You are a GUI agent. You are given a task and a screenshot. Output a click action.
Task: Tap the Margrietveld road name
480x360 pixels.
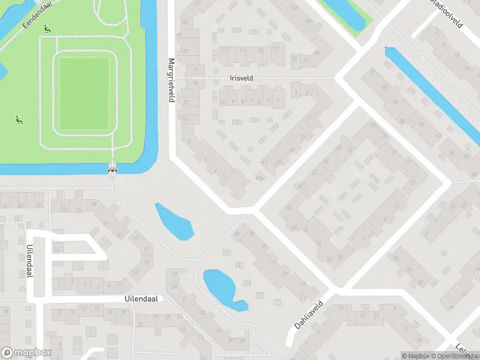click(171, 80)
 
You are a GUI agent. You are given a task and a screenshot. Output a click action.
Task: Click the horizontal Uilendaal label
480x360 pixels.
click(141, 298)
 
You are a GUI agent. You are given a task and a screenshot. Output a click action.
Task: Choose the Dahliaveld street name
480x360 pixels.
click(309, 314)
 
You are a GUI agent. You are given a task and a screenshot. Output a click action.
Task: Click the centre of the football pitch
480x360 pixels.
click(83, 93)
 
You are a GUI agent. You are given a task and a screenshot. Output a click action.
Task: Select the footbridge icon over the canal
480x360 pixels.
click(112, 170)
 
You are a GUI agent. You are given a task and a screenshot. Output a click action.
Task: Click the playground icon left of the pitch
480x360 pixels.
click(19, 120)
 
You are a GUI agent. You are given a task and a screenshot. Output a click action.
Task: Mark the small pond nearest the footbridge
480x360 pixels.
click(175, 221)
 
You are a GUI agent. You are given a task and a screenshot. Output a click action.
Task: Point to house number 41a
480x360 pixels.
click(259, 178)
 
